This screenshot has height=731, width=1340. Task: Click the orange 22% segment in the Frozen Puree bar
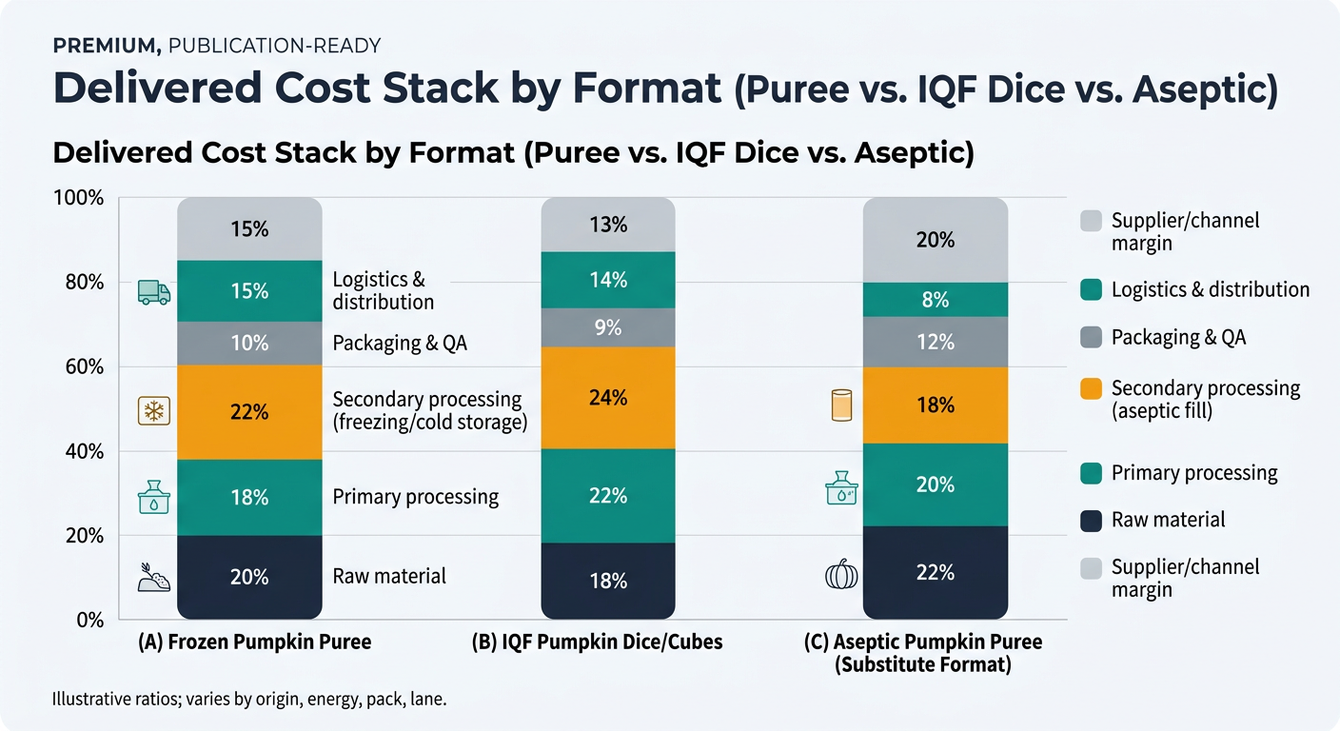pyautogui.click(x=249, y=412)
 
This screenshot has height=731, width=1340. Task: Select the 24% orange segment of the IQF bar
pyautogui.click(x=607, y=398)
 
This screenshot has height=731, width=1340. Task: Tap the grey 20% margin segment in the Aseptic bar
pyautogui.click(x=935, y=240)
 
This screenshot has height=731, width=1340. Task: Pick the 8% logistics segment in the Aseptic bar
pyautogui.click(x=935, y=300)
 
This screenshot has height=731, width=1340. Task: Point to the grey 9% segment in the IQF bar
pyautogui.click(x=607, y=328)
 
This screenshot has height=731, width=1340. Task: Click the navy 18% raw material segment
pyautogui.click(x=607, y=581)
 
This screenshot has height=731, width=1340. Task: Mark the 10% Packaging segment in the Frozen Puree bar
pyautogui.click(x=249, y=344)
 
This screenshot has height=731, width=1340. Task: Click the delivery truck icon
pyautogui.click(x=153, y=292)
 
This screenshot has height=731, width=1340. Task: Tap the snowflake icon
pyautogui.click(x=153, y=412)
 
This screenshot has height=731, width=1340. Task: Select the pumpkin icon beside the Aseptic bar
pyautogui.click(x=840, y=576)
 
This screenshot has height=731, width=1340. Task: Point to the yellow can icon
pyautogui.click(x=842, y=405)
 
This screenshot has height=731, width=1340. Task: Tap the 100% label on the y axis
pyautogui.click(x=80, y=198)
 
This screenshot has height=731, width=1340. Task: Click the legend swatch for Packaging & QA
pyautogui.click(x=1093, y=337)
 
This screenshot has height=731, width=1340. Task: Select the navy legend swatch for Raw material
pyautogui.click(x=1093, y=520)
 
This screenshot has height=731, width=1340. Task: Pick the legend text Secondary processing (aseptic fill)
pyautogui.click(x=1205, y=400)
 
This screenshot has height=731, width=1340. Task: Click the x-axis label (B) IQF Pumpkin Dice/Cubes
pyautogui.click(x=597, y=642)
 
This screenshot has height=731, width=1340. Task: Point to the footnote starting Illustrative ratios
pyautogui.click(x=249, y=700)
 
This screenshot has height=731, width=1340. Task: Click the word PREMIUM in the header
pyautogui.click(x=98, y=45)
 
